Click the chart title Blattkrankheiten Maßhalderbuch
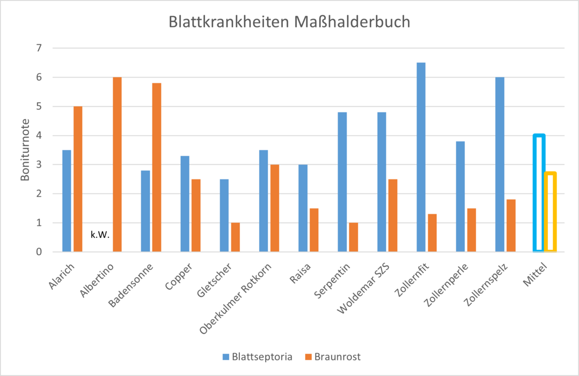pos(289,22)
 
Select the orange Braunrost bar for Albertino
pos(117,164)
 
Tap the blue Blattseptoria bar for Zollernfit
pos(421,157)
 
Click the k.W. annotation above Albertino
pos(100,234)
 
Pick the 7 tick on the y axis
pos(39,48)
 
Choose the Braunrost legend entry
pos(333,357)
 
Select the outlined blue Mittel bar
pos(539,193)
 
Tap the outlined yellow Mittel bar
pos(551,212)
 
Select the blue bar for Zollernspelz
pos(500,164)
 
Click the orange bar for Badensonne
pos(157,167)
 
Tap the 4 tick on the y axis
pos(39,136)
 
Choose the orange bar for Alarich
pos(78,179)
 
